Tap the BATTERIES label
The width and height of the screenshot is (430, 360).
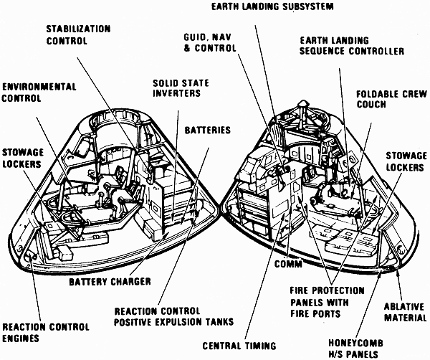click(x=208, y=131)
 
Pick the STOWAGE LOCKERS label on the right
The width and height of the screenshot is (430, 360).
click(x=406, y=161)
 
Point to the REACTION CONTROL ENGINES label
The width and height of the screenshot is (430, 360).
click(x=35, y=331)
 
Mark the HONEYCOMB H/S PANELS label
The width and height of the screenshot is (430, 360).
click(x=355, y=348)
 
